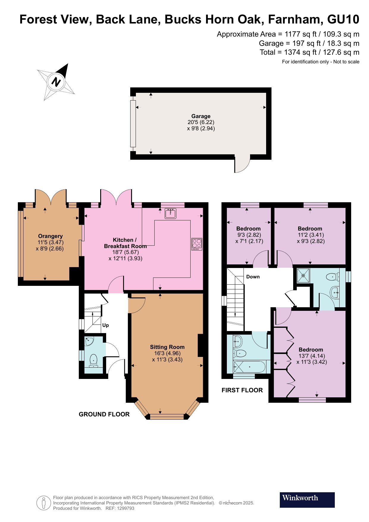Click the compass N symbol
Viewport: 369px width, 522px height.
click(x=56, y=81)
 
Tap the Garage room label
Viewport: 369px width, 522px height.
click(x=201, y=116)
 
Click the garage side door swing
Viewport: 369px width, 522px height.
click(x=242, y=164)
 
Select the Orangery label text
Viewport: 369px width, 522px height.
click(x=50, y=236)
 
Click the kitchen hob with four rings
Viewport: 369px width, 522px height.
click(x=197, y=244)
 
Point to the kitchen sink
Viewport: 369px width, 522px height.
click(x=170, y=213)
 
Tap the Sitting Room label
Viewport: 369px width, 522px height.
click(x=167, y=347)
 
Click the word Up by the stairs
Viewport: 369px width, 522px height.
click(x=106, y=325)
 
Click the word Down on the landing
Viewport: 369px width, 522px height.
click(x=253, y=277)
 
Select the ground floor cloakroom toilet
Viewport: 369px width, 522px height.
click(x=93, y=360)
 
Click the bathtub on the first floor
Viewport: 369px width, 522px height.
click(x=249, y=367)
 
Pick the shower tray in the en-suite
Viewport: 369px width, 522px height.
click(x=303, y=276)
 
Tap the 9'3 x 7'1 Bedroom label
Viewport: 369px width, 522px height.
click(x=248, y=229)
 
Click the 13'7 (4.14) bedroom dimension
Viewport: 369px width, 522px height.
click(x=312, y=356)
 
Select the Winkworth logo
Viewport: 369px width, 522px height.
click(x=307, y=500)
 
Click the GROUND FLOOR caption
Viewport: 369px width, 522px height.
click(x=104, y=414)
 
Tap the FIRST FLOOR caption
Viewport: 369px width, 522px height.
click(x=242, y=390)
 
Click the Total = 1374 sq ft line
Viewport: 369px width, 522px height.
click(x=309, y=52)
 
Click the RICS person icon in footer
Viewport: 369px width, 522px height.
click(x=44, y=503)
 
